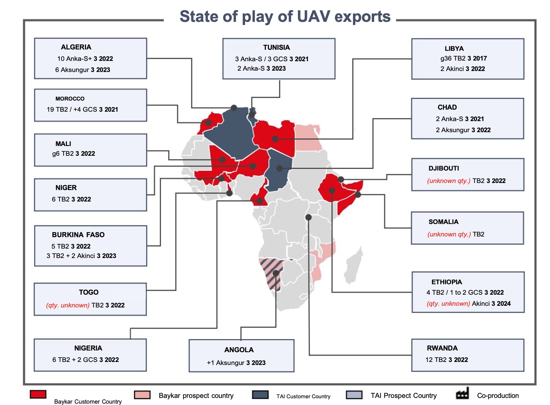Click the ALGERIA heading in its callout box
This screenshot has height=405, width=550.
coord(76,47)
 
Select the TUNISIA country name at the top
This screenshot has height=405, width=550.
coord(276,47)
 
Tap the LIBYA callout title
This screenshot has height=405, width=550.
coord(454,48)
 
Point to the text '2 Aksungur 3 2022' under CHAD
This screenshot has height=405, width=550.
coord(463,130)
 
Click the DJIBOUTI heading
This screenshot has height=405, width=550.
coord(443,169)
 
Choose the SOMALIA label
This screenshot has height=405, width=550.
coord(443,222)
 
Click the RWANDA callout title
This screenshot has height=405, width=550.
coord(442,348)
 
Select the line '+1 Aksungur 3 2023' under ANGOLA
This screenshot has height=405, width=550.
coord(236,363)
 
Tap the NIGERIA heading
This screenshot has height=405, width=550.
coord(88,348)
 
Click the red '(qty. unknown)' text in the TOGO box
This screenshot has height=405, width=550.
coord(68,305)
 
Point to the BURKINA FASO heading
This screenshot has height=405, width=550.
coord(78,235)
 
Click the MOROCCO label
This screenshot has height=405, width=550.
coord(70,99)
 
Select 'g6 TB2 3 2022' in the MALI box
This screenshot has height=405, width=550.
coord(73,154)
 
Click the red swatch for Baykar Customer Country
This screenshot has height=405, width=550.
coord(38,394)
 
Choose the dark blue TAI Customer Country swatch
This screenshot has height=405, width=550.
coord(260,395)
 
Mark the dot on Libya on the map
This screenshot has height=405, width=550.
coord(275,139)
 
